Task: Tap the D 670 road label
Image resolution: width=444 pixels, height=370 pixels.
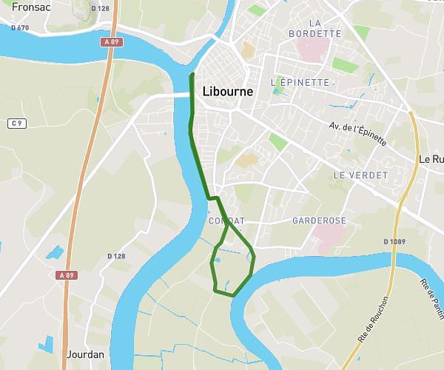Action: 20,27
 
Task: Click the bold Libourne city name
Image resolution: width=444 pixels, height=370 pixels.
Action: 227,92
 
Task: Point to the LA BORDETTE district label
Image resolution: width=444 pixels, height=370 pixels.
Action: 315,28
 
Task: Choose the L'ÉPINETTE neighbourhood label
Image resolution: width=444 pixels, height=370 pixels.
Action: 300,81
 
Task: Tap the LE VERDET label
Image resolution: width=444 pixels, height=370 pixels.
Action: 360,175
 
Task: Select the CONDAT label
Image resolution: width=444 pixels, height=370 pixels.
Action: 226,221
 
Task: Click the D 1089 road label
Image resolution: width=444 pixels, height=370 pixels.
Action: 396,241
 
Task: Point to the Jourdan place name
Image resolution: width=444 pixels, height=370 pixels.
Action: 86,354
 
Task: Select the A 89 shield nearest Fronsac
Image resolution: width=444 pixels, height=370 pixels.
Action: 111,42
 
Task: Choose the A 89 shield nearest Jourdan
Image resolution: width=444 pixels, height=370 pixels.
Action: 67,275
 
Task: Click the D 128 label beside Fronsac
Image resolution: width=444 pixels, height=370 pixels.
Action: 100,8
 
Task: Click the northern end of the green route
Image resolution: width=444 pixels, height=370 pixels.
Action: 192,75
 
